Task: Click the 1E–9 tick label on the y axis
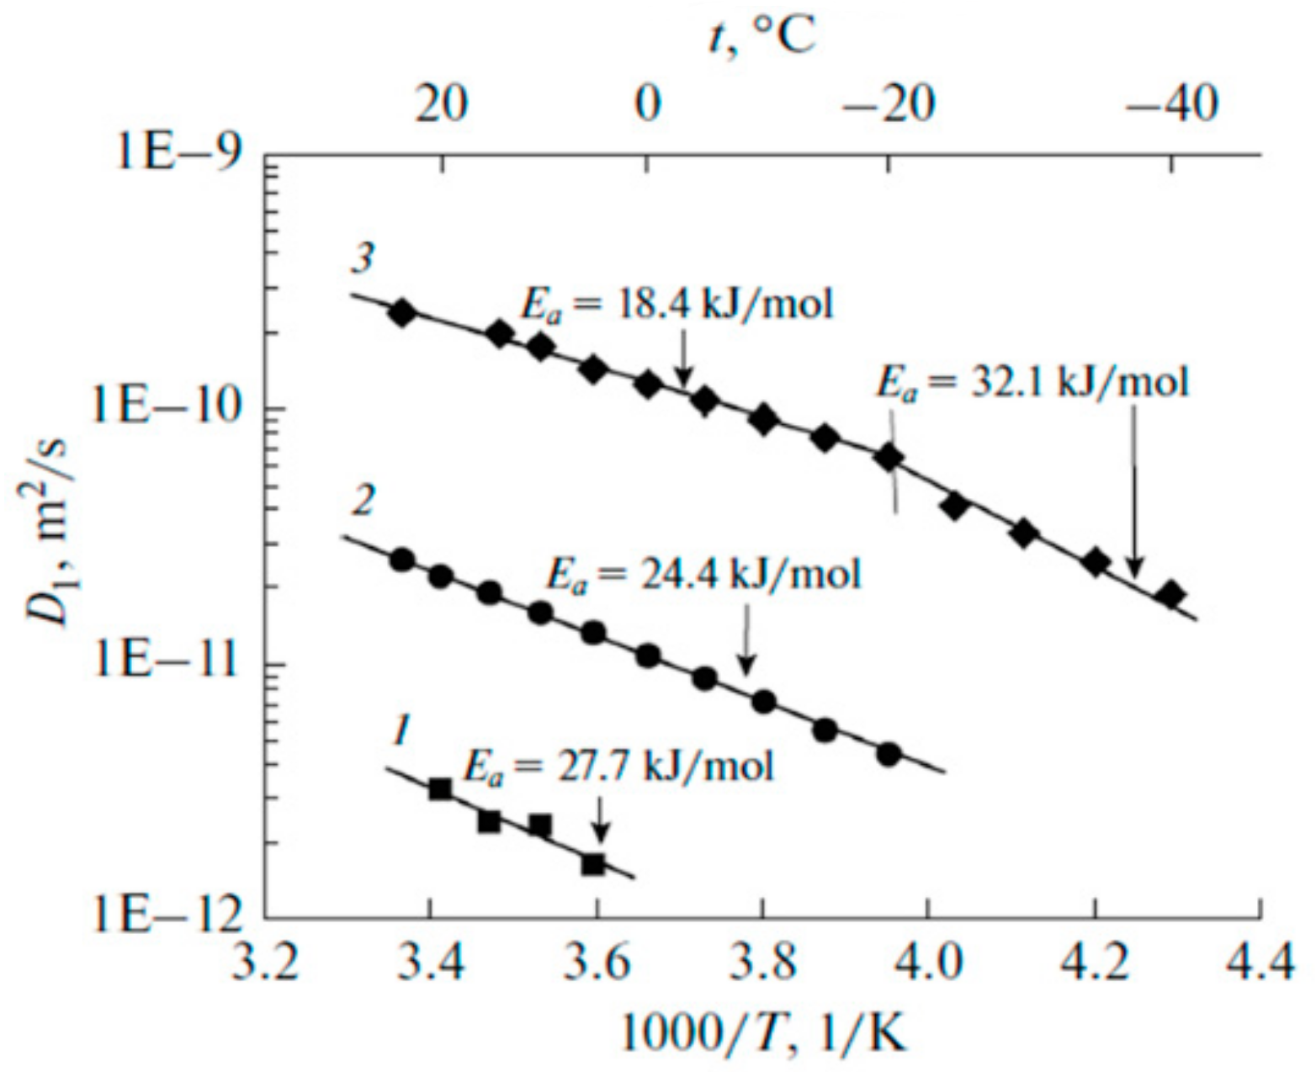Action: point(178,156)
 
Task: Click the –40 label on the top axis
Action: point(1173,105)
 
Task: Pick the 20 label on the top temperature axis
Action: point(441,105)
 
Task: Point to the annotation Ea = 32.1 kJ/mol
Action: point(1033,382)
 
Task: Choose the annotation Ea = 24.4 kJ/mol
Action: point(703,576)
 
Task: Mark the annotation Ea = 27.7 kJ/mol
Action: point(618,767)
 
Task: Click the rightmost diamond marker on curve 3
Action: point(1170,595)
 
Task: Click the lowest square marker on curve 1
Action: point(593,863)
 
